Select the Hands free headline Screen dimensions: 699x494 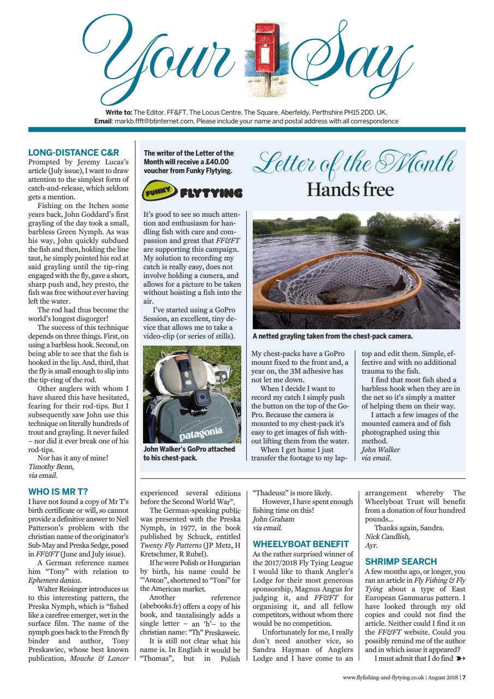349,189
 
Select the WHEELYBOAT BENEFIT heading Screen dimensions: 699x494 301,544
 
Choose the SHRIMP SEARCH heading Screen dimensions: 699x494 401,561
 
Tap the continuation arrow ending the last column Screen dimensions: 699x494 460,658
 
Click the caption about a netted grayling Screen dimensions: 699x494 332,336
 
